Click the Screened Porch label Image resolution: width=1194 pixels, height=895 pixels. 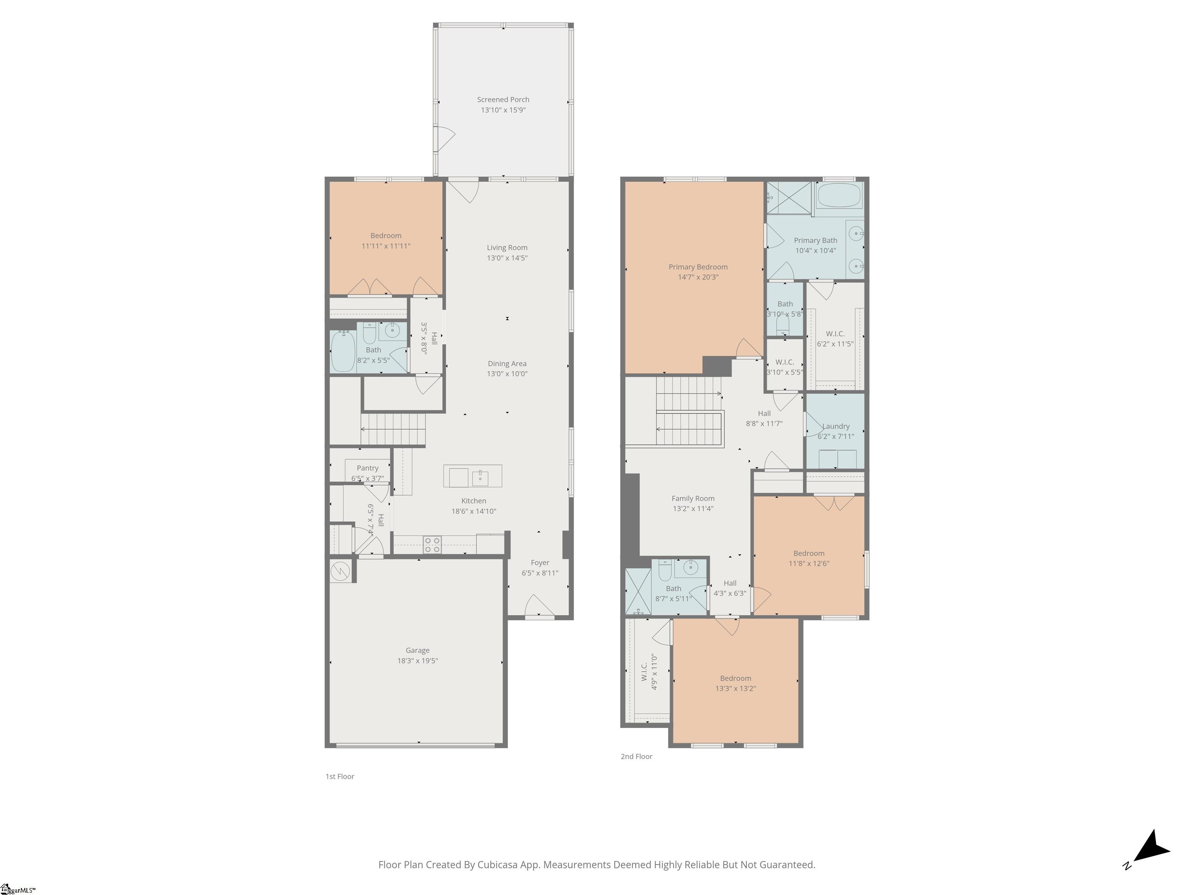503,100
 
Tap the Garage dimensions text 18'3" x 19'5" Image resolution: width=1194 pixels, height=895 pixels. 417,660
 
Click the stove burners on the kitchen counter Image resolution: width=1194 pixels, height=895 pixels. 432,544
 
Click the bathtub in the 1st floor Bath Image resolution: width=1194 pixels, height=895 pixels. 343,351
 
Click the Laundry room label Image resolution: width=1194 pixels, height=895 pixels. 836,426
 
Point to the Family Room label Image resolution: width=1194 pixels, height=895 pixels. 693,498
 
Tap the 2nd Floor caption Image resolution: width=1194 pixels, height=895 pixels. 636,756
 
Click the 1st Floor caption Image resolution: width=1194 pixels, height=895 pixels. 340,776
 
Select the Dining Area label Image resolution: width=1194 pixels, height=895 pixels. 506,364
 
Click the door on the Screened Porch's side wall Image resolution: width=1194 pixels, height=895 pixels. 444,139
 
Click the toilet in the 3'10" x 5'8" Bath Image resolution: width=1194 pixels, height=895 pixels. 782,325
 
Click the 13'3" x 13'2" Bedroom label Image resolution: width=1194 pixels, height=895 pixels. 735,678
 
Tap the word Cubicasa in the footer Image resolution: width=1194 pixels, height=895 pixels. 497,865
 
